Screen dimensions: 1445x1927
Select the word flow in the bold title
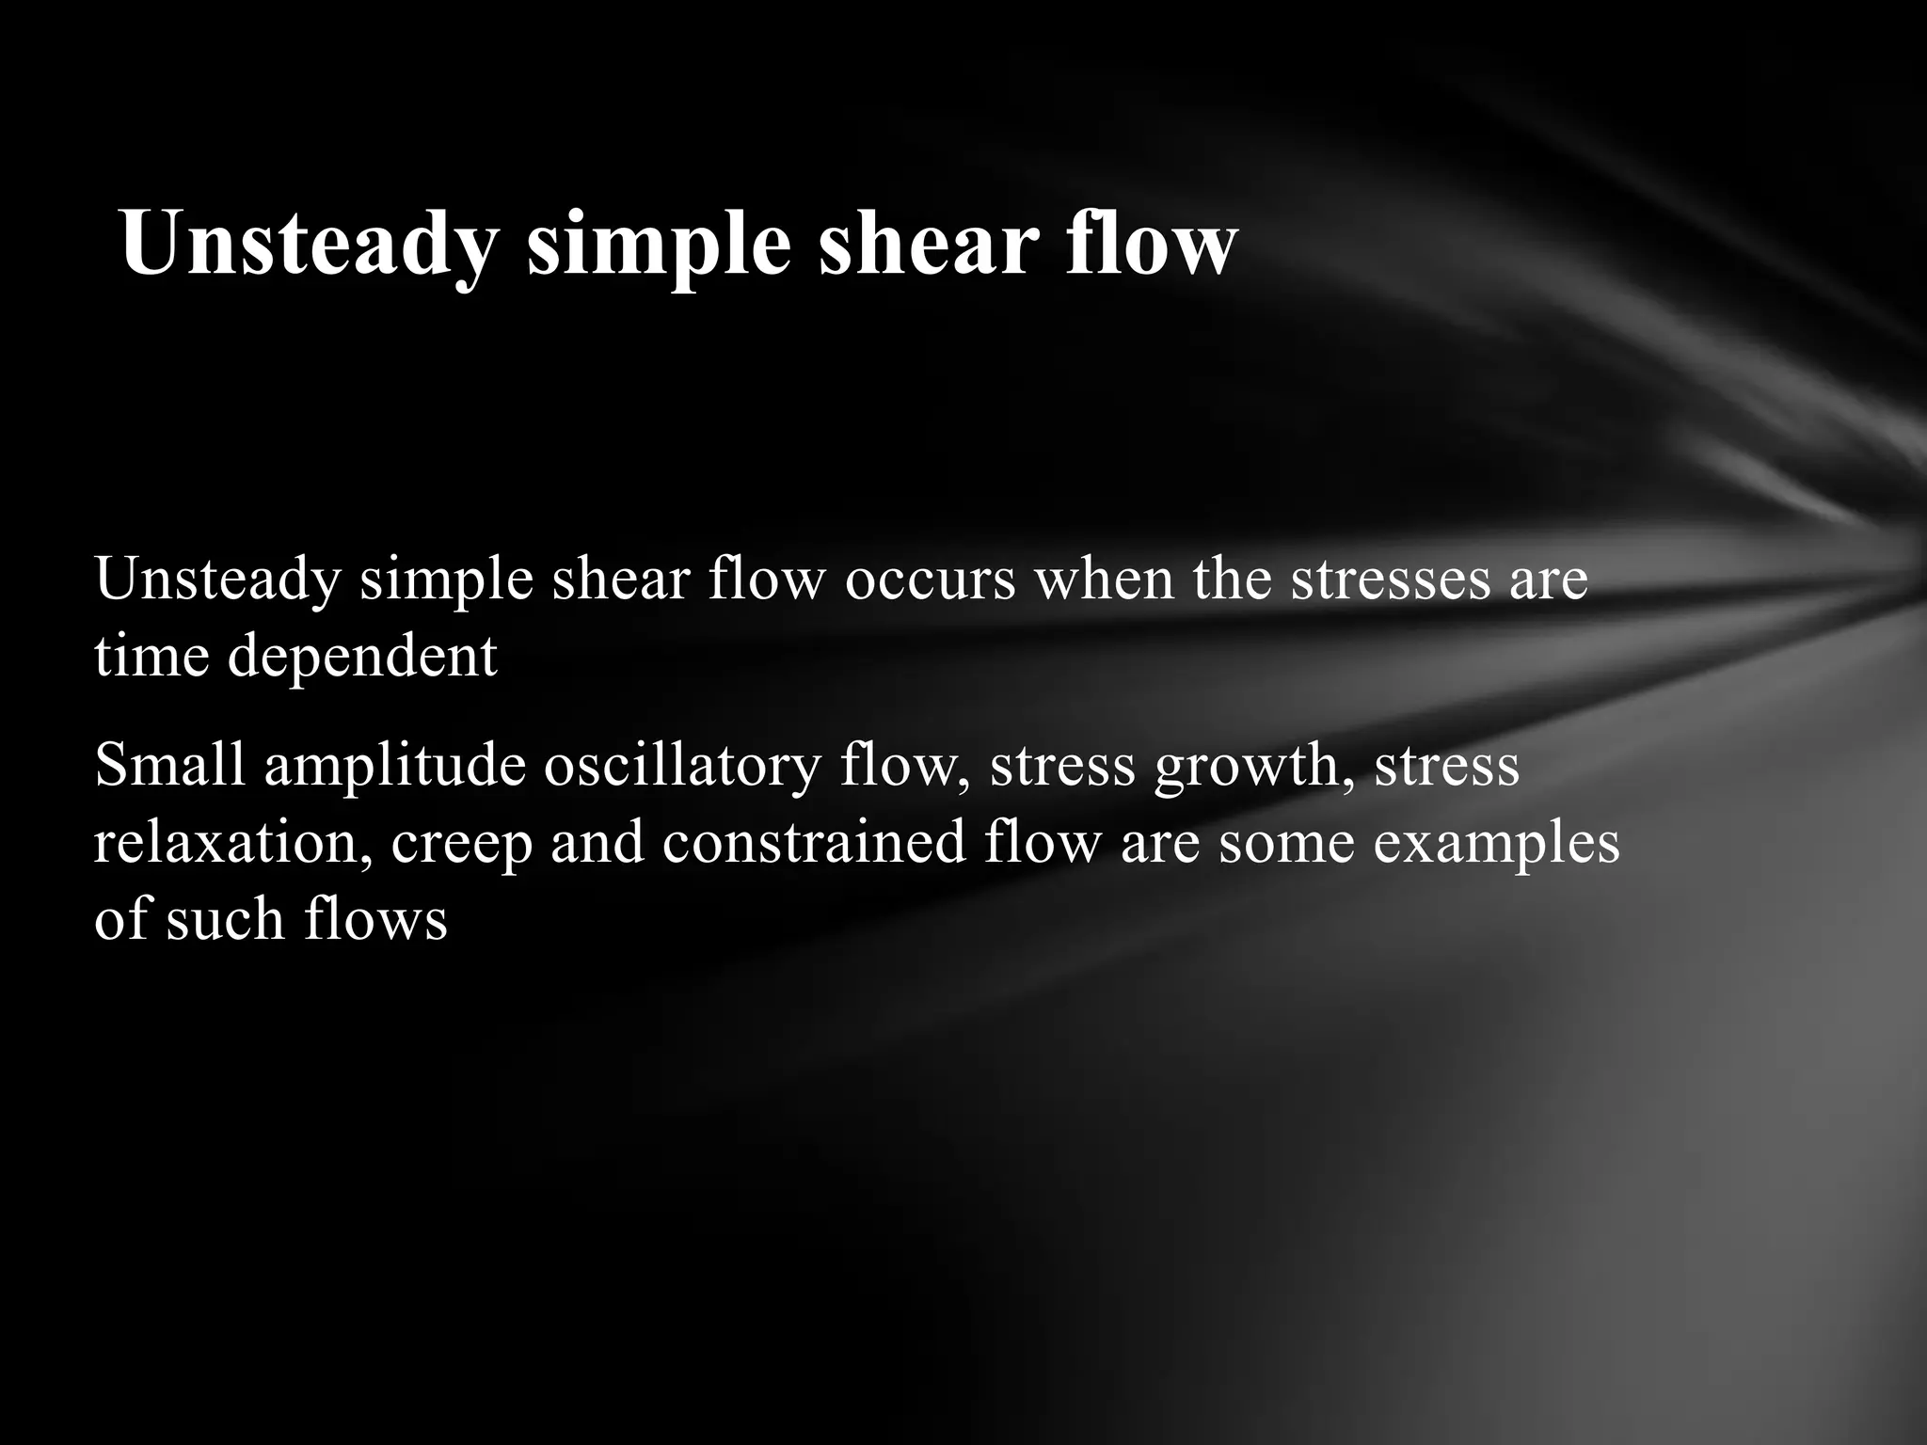pyautogui.click(x=1150, y=245)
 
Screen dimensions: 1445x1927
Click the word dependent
pyautogui.click(x=361, y=657)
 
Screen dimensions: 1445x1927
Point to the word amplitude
pyautogui.click(x=394, y=766)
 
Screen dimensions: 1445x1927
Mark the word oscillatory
pyautogui.click(x=682, y=766)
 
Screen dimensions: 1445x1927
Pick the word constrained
pyautogui.click(x=814, y=841)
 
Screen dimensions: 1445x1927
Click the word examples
pyautogui.click(x=1496, y=843)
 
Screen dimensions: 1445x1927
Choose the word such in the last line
pyautogui.click(x=226, y=918)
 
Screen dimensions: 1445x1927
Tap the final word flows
pyautogui.click(x=375, y=918)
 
